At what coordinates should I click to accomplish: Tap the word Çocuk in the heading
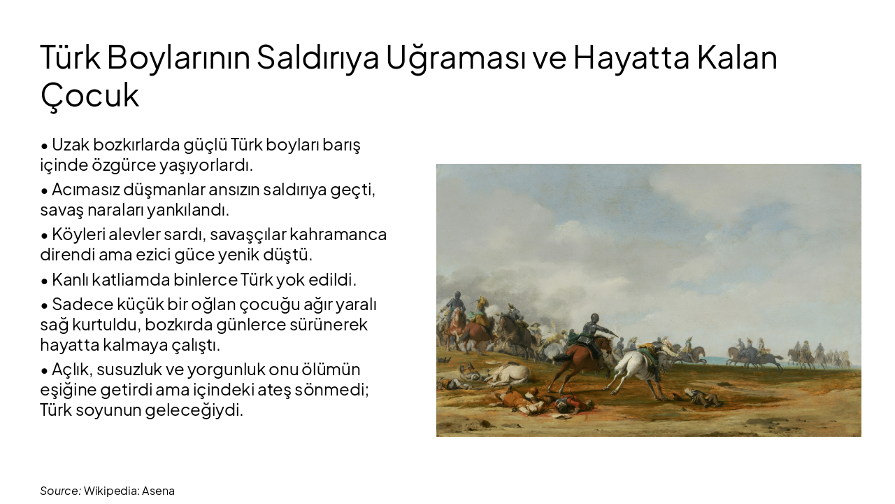[x=89, y=95]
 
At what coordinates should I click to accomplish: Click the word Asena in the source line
[x=158, y=491]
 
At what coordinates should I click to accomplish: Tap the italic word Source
[x=59, y=491]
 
